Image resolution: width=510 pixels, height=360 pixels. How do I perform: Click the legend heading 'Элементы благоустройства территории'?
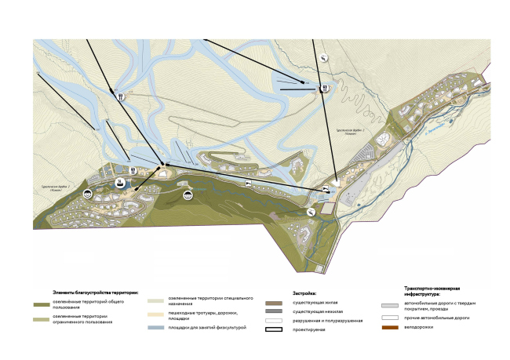[x=94, y=291]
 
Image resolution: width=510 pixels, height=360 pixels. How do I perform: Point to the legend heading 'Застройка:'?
[x=282, y=291]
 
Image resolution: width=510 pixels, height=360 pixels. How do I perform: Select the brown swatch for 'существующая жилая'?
[x=274, y=301]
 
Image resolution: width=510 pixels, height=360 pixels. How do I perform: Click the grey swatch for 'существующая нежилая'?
[x=274, y=311]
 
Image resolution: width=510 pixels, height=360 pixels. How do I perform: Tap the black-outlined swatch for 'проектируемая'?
[x=274, y=331]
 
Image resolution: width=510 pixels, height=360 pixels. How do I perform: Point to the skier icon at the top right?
[x=322, y=57]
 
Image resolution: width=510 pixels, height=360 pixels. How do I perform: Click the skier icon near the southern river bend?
[x=311, y=211]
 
